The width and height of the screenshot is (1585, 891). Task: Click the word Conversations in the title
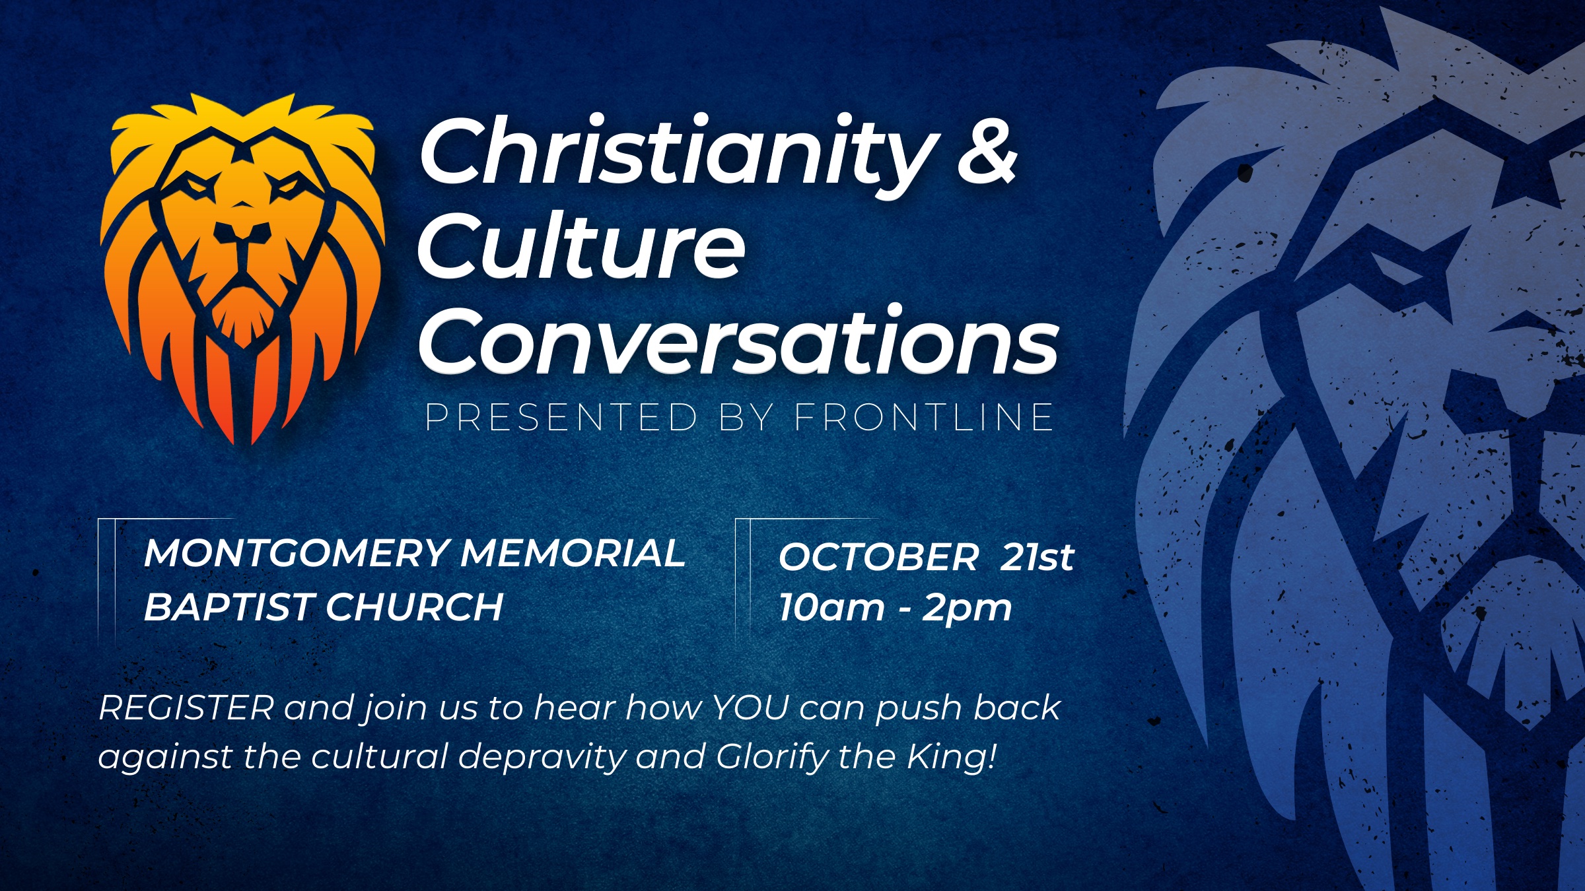[738, 341]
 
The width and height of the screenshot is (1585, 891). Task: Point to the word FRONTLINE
[923, 417]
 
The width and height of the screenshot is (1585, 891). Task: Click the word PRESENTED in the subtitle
[561, 417]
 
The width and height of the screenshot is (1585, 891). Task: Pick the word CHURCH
[415, 607]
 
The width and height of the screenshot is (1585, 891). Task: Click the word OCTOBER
[878, 557]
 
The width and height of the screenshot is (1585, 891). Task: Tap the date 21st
[1038, 557]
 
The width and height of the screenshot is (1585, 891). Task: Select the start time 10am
[831, 607]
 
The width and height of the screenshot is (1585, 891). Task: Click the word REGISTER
[186, 708]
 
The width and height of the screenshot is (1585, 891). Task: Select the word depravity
[542, 758]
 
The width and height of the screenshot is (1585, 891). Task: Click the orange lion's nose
[244, 232]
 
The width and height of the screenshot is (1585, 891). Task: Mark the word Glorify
[771, 758]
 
